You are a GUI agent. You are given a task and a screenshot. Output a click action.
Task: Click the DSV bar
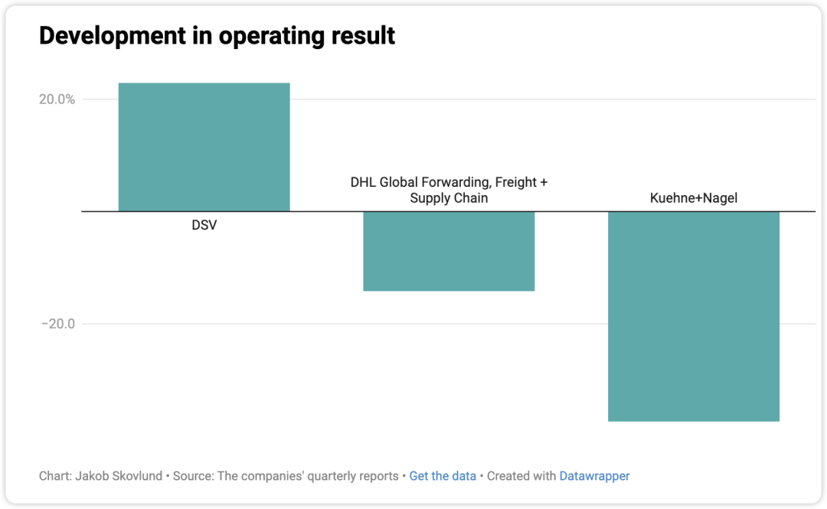tap(204, 147)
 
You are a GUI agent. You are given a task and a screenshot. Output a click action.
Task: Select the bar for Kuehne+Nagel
tap(693, 315)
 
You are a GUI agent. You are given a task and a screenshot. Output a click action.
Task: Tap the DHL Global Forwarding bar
tap(449, 250)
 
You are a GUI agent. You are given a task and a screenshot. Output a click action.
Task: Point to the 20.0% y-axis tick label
tap(57, 100)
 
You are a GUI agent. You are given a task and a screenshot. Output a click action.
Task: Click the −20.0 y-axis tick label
tap(57, 324)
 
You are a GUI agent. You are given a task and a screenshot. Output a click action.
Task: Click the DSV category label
tap(204, 226)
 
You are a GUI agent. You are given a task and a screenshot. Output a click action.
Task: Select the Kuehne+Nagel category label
tap(694, 199)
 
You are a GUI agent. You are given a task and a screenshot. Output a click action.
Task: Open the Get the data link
tap(443, 476)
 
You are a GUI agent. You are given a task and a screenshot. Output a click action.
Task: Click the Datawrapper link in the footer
tap(594, 476)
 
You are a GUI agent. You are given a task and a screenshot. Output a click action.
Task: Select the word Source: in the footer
tap(193, 476)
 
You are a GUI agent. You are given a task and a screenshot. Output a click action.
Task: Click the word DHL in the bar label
tap(363, 183)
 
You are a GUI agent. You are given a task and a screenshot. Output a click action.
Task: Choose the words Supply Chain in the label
tap(449, 198)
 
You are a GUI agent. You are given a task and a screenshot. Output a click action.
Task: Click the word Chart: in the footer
tap(56, 476)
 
